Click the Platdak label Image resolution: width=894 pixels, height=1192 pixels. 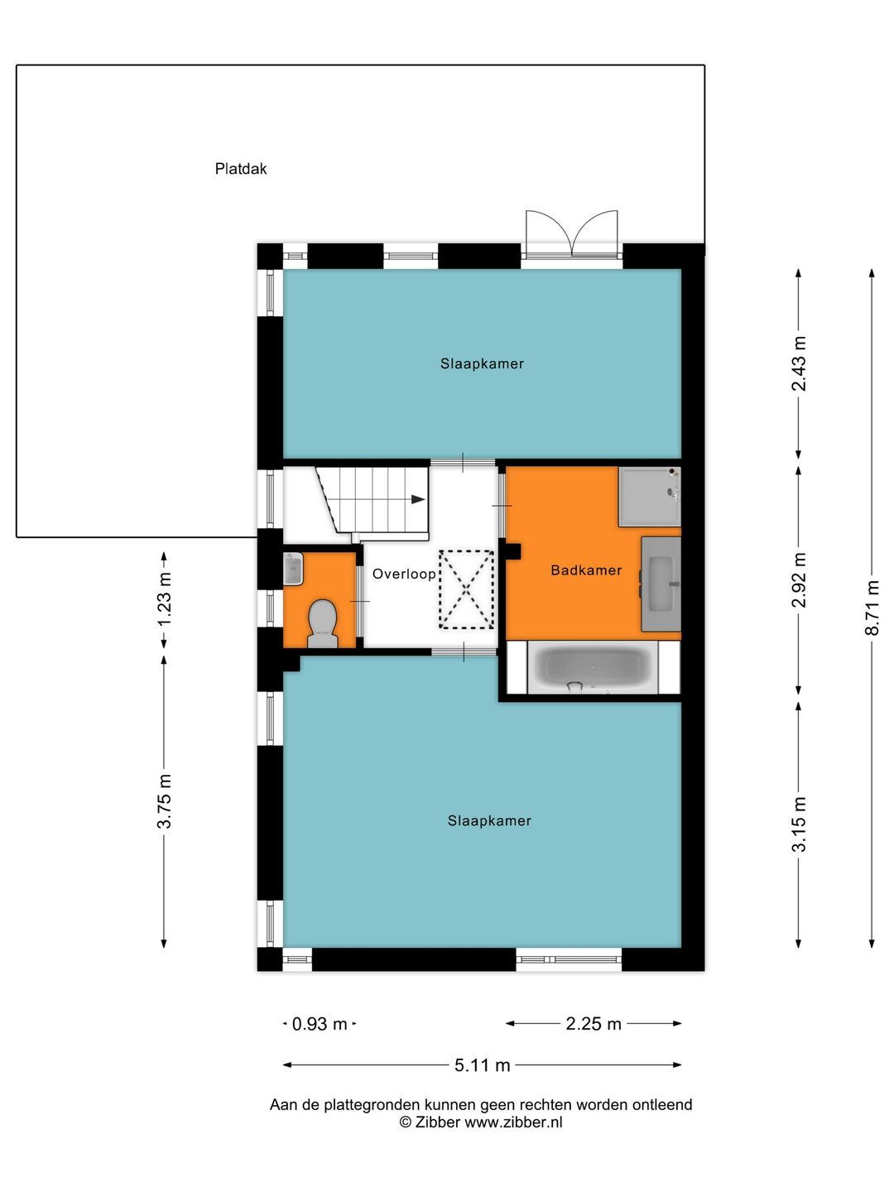(241, 169)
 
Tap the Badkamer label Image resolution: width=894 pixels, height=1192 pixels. (586, 570)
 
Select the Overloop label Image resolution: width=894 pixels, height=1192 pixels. (404, 574)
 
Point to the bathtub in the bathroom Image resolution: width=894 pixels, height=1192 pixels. (593, 668)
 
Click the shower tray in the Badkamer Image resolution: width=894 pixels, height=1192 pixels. (649, 497)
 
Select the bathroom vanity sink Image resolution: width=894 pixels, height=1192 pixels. (661, 583)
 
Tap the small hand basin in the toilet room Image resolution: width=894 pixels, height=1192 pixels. (293, 569)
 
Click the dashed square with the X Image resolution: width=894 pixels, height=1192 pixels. (466, 589)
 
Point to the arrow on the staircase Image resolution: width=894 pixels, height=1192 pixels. (418, 499)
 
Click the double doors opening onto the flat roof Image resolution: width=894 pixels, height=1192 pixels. (572, 233)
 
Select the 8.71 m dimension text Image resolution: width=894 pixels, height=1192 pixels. (872, 608)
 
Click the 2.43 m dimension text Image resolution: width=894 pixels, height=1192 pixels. (799, 364)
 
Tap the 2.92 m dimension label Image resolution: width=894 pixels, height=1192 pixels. (799, 580)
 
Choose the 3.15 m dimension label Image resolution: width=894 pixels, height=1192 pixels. (799, 824)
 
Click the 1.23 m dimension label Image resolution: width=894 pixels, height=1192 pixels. (164, 599)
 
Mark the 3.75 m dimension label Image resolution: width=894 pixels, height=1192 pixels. (164, 801)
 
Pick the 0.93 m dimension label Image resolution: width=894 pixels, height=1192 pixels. (320, 1024)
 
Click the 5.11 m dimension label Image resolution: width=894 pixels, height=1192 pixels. (482, 1065)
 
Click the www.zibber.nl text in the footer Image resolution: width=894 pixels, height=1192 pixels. (513, 1122)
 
